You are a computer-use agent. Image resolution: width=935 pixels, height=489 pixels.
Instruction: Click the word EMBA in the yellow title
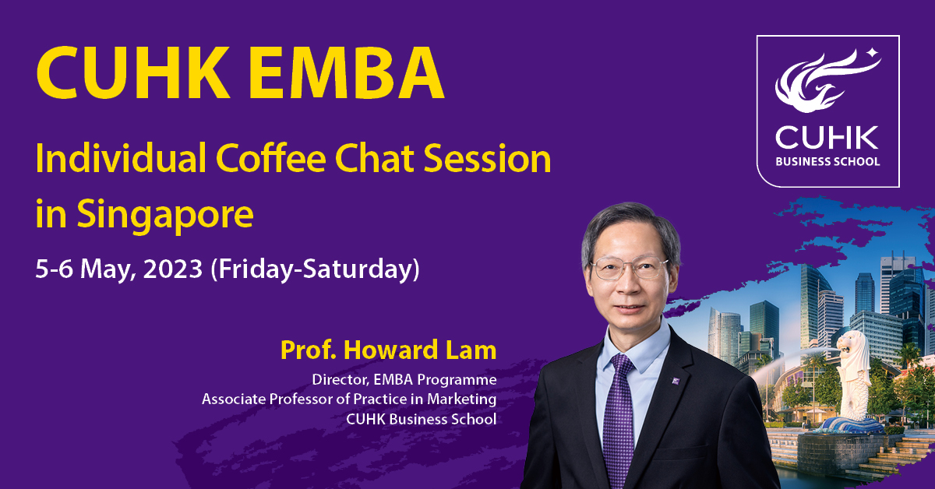(x=346, y=72)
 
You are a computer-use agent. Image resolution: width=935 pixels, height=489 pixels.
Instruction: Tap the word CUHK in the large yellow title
(x=133, y=72)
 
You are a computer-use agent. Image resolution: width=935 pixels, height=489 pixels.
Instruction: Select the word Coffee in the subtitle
(x=271, y=158)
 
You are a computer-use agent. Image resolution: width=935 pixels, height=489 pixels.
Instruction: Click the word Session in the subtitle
(x=487, y=159)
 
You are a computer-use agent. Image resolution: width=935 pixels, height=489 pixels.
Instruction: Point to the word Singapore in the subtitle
(x=165, y=215)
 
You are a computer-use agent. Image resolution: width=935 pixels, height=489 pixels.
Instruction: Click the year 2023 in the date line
(x=173, y=269)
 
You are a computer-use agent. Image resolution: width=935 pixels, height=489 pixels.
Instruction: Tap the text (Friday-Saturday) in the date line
(x=315, y=270)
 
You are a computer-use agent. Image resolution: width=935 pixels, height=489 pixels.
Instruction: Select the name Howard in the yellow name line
(x=390, y=350)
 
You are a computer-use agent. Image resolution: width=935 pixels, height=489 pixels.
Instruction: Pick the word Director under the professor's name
(x=340, y=380)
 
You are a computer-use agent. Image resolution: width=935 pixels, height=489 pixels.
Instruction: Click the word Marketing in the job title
(x=461, y=399)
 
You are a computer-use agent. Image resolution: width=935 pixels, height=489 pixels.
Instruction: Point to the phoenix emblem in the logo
(x=827, y=80)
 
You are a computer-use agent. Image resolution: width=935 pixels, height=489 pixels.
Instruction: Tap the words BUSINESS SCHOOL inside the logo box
(x=827, y=161)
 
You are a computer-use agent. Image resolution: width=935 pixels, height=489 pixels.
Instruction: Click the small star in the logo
(x=873, y=53)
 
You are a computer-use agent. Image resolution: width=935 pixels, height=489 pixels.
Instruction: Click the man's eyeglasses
(x=630, y=268)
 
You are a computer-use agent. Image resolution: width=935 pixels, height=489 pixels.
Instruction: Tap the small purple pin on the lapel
(x=676, y=381)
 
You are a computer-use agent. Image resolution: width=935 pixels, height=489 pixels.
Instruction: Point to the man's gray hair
(x=630, y=230)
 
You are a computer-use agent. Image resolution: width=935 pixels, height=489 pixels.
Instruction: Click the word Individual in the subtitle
(x=121, y=158)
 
